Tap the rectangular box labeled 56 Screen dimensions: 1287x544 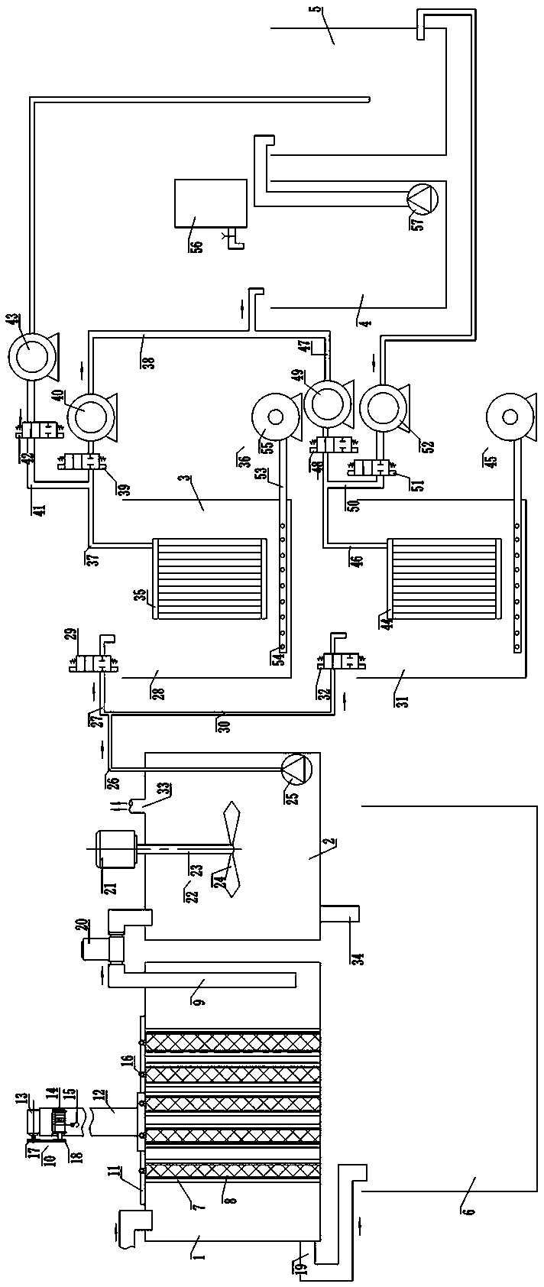coord(211,203)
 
